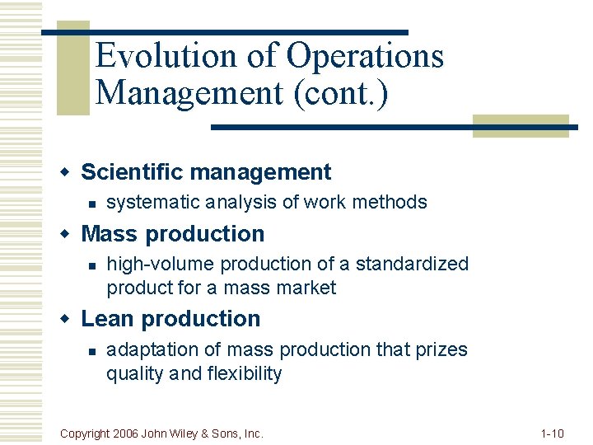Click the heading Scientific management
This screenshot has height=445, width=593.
(206, 172)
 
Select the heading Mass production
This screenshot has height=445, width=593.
(173, 234)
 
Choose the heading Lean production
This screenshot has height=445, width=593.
(170, 319)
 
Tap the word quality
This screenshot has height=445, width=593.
(133, 374)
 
